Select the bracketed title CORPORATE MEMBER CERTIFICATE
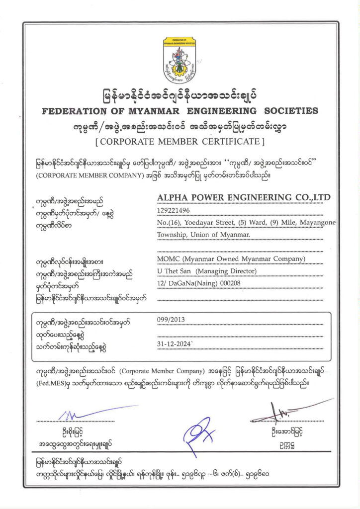coord(180,142)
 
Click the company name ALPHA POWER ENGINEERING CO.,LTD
coord(244,198)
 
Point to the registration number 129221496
coord(174,210)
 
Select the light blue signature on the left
coord(85,414)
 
